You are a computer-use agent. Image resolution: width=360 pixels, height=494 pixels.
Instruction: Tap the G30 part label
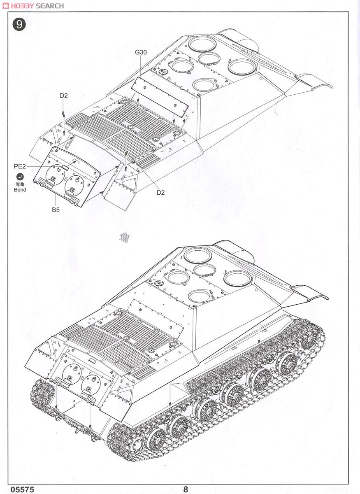point(141,52)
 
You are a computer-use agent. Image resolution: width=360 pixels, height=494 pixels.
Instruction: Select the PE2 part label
point(19,166)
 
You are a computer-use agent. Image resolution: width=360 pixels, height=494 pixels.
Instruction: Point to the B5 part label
point(56,210)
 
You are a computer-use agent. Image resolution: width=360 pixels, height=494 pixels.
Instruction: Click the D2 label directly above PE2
point(63,96)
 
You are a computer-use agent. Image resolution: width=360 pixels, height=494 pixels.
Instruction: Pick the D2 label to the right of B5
point(160,192)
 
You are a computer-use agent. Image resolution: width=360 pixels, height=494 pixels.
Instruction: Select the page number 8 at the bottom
point(186,489)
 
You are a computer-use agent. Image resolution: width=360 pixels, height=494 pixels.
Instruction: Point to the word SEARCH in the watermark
point(50,6)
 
